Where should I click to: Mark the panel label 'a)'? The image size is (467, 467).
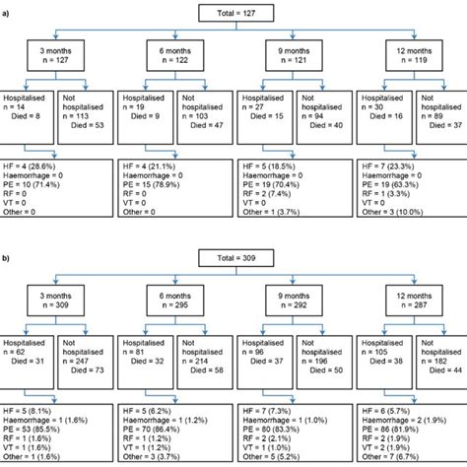(x=5, y=8)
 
